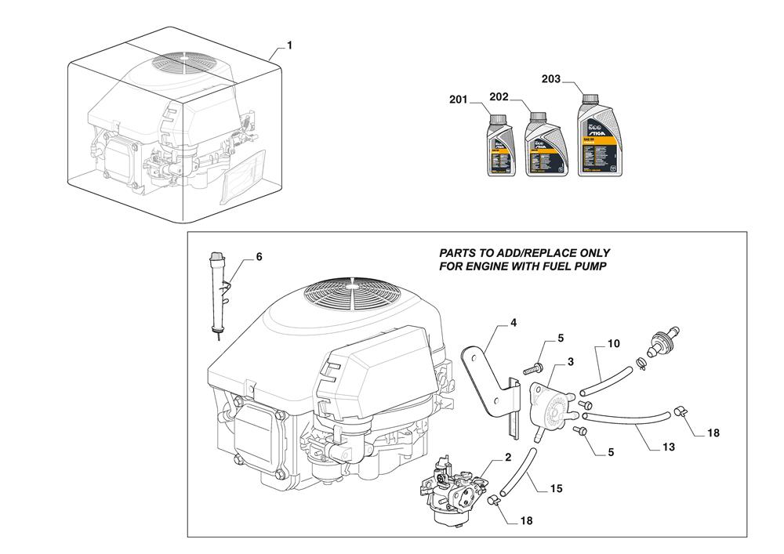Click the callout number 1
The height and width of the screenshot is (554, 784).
pyautogui.click(x=289, y=46)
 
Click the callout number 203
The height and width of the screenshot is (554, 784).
pyautogui.click(x=551, y=78)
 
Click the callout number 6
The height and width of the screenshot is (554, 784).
pyautogui.click(x=260, y=257)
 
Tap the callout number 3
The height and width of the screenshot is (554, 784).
pyautogui.click(x=571, y=361)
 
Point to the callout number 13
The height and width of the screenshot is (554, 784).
pyautogui.click(x=669, y=447)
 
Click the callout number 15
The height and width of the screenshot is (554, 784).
pyautogui.click(x=556, y=489)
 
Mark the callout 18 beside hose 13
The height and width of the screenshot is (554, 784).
pyautogui.click(x=713, y=433)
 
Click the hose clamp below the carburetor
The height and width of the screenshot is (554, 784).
pyautogui.click(x=494, y=499)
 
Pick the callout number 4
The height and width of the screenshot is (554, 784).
pyautogui.click(x=514, y=322)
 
